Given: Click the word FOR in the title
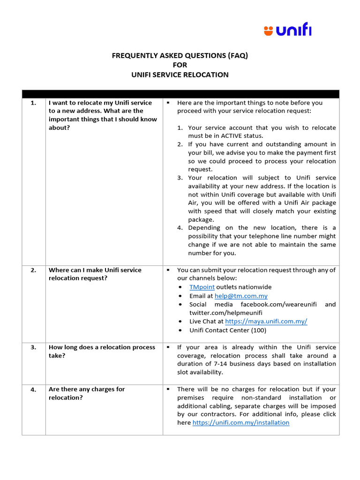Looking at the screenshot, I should [180, 65].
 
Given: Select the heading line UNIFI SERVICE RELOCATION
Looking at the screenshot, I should [180, 75].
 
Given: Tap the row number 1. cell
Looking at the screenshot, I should [33, 103].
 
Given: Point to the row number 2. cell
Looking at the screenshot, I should [33, 270].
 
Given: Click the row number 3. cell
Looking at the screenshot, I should [33, 347].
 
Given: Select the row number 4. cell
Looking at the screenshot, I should [33, 389].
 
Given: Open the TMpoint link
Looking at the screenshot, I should [202, 287].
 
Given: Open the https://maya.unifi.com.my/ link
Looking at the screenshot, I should [266, 322].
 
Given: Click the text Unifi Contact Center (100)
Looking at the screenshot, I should [227, 330].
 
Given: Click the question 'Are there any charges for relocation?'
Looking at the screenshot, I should [87, 393].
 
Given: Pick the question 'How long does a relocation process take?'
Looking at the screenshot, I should [102, 352].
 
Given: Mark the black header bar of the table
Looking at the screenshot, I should [180, 94].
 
